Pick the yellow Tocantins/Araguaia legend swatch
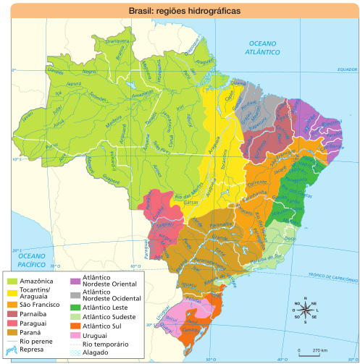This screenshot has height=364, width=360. [12, 291]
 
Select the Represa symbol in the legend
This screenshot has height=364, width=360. [12, 349]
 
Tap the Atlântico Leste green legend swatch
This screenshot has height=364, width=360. [75, 307]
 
